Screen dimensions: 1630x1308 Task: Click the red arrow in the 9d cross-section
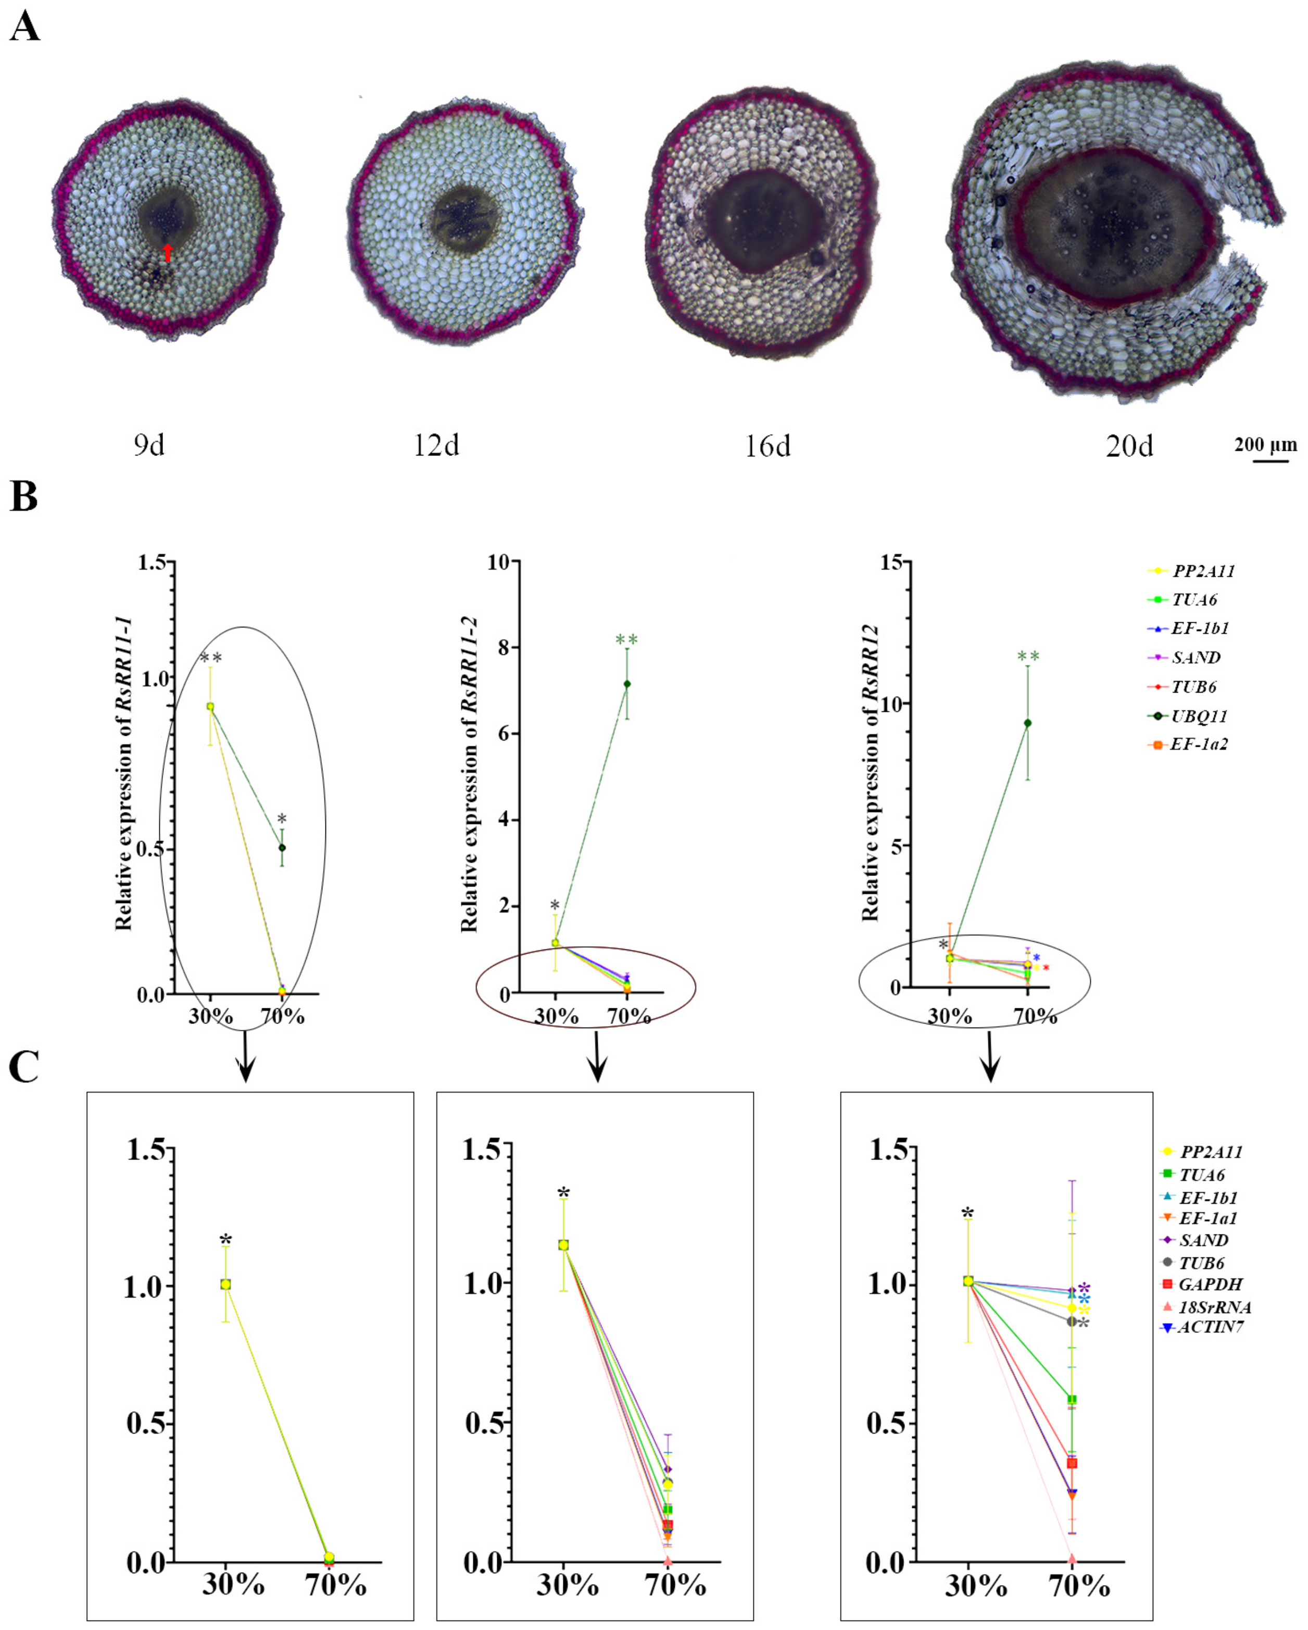click(x=168, y=253)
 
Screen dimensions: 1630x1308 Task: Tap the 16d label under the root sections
click(x=767, y=447)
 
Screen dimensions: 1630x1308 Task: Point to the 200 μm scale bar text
click(x=1266, y=444)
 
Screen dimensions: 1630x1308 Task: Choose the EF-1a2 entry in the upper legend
click(x=1199, y=744)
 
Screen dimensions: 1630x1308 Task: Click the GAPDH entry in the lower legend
click(x=1210, y=1285)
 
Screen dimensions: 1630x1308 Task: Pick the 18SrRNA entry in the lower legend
click(x=1214, y=1306)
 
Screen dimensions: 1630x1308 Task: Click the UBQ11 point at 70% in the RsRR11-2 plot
click(x=626, y=684)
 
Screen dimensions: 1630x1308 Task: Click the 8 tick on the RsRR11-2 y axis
click(x=501, y=647)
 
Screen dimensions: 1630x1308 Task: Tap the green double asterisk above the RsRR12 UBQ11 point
click(x=1028, y=656)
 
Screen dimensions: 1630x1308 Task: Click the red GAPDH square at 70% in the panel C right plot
click(x=1072, y=1464)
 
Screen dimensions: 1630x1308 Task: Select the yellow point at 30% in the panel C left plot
click(x=225, y=1285)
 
